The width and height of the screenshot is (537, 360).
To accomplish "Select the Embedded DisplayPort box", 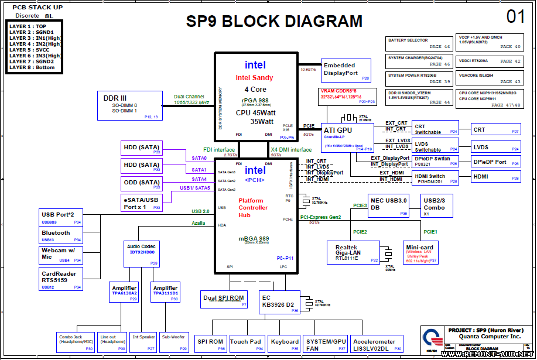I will click(346, 70).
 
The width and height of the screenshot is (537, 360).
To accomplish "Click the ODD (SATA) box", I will click(141, 184).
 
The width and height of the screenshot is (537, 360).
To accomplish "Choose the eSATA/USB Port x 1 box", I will click(141, 203).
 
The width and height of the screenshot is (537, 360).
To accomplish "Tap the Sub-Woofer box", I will click(174, 341).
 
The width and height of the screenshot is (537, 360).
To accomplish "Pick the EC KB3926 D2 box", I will click(279, 301).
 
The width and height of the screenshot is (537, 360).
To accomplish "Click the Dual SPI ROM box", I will click(223, 299).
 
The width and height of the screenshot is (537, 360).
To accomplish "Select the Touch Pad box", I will click(247, 344).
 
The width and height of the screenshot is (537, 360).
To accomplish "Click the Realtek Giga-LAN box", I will click(351, 252).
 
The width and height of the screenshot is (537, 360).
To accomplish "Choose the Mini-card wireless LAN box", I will click(420, 252).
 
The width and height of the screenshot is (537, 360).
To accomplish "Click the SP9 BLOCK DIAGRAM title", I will click(274, 22).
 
